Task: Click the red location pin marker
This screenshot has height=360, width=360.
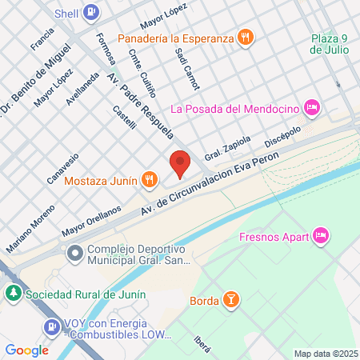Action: pyautogui.click(x=180, y=163)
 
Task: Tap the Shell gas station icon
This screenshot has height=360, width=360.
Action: pyautogui.click(x=92, y=13)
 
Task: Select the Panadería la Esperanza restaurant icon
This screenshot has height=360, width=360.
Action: pyautogui.click(x=246, y=37)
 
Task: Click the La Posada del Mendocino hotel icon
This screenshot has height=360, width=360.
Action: pyautogui.click(x=312, y=107)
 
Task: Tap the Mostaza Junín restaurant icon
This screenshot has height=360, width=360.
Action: pyautogui.click(x=149, y=180)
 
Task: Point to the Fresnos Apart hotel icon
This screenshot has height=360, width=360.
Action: pyautogui.click(x=320, y=235)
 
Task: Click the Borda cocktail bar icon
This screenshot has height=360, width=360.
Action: pyautogui.click(x=230, y=300)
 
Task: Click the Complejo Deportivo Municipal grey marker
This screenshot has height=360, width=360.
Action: pyautogui.click(x=75, y=254)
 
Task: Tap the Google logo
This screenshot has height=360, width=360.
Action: pyautogui.click(x=26, y=350)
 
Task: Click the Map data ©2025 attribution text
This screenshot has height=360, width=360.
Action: pyautogui.click(x=323, y=354)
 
